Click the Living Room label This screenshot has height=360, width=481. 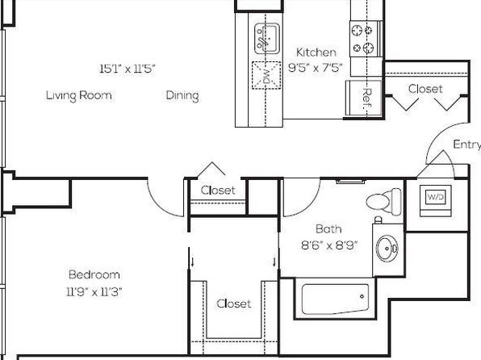79,95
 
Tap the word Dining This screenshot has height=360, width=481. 182,95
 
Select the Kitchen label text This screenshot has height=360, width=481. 316,52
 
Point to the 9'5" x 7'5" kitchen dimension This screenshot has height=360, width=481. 316,67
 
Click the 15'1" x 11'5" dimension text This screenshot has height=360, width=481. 128,69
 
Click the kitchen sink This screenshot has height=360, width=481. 267,39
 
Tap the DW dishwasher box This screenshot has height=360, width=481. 266,76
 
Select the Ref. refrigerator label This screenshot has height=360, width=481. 367,98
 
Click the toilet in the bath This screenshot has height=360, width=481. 384,202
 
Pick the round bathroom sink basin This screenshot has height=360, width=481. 387,248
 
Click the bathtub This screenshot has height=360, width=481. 335,299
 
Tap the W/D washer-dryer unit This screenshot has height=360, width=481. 435,201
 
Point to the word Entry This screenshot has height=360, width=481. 467,144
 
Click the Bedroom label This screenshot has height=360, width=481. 94,274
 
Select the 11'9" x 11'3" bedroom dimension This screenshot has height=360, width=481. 94,291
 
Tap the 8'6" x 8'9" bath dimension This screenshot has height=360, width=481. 329,245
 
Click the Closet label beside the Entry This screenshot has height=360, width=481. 425,89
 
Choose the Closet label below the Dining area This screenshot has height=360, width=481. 218,190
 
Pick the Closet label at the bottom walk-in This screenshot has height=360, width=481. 234,303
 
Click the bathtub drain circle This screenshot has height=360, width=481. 362,296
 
